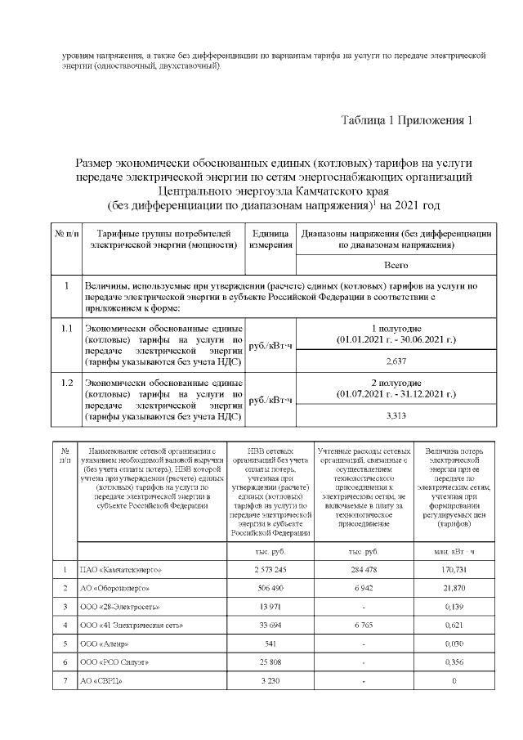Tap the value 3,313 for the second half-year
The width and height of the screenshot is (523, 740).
point(396,416)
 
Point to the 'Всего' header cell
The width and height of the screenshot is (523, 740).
point(396,266)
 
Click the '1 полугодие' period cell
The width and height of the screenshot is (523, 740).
point(396,333)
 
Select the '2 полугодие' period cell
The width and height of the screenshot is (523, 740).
point(396,388)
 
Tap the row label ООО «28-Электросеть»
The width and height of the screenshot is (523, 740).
point(118,607)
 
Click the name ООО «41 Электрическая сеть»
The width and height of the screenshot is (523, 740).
point(130,626)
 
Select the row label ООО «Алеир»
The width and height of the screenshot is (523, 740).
point(104,644)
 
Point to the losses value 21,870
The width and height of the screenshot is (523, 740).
point(453,588)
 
